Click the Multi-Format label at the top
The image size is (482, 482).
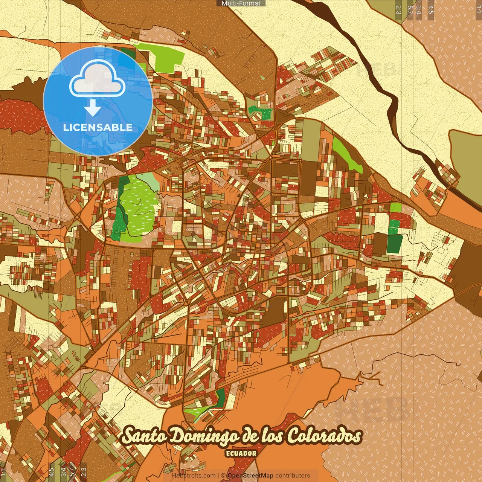pos(241,3)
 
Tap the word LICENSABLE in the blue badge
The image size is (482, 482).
pos(98,127)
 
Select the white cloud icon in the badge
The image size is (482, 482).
pos(98,78)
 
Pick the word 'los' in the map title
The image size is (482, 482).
pos(274,436)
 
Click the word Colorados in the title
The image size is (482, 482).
pos(325,436)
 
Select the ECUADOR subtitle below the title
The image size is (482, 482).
pos(241,453)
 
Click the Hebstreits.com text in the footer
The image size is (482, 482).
pos(194,476)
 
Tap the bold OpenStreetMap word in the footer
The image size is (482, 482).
pos(250,476)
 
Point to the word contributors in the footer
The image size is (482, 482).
pos(293,476)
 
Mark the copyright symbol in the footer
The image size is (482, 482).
pos(223,476)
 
